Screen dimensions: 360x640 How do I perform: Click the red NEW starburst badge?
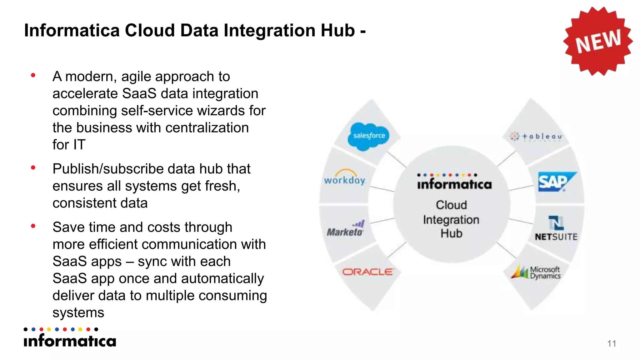click(x=598, y=41)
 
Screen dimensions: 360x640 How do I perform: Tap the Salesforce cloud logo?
click(x=369, y=136)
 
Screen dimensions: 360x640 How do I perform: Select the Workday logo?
click(x=344, y=178)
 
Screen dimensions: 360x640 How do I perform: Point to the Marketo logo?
click(x=345, y=229)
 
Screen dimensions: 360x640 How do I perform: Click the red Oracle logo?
click(x=367, y=272)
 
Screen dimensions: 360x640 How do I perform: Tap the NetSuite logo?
click(x=556, y=229)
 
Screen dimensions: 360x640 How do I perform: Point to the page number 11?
click(x=612, y=343)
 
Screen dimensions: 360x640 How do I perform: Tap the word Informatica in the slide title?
click(x=72, y=31)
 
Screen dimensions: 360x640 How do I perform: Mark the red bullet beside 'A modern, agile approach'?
click(x=33, y=75)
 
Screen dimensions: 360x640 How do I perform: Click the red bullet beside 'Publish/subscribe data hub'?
click(x=33, y=168)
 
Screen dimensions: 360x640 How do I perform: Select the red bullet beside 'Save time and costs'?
click(x=33, y=226)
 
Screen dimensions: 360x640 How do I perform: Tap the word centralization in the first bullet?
click(x=207, y=128)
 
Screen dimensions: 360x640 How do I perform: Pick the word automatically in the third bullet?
click(x=222, y=278)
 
